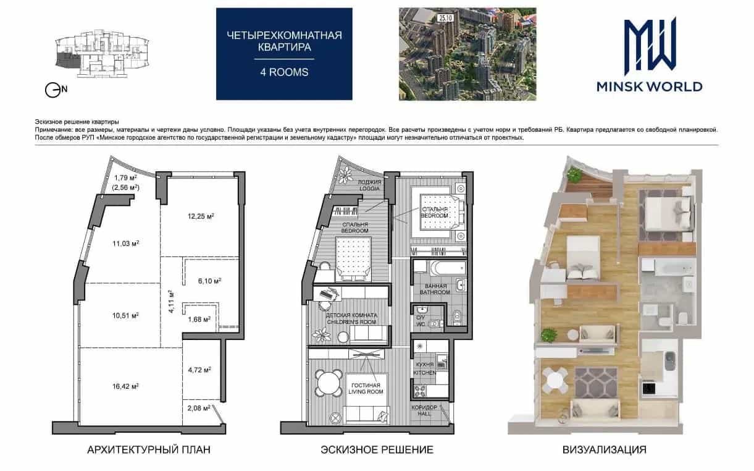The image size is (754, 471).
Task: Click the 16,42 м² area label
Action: (125, 386)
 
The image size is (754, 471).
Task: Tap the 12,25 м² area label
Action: (201, 216)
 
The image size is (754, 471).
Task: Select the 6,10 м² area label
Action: (209, 281)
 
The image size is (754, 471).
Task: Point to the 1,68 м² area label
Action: (199, 319)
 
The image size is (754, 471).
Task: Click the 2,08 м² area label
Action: (199, 408)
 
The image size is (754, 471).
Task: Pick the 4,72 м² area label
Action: (199, 370)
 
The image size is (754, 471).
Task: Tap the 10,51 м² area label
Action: (125, 316)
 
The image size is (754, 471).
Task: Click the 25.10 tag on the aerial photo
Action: (445, 18)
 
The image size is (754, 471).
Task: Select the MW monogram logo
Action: (650, 46)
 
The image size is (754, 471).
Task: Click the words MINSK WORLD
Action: (650, 87)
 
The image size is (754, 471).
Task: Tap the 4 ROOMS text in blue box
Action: (284, 72)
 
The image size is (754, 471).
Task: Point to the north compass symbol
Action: (56, 90)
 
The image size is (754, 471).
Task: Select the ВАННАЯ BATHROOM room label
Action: (435, 289)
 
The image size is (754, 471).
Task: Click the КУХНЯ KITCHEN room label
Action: (424, 368)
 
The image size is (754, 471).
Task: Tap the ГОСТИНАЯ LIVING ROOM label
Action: (366, 388)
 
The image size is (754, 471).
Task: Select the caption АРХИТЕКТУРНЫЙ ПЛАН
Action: (149, 449)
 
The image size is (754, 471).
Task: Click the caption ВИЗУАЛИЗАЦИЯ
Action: (604, 449)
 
